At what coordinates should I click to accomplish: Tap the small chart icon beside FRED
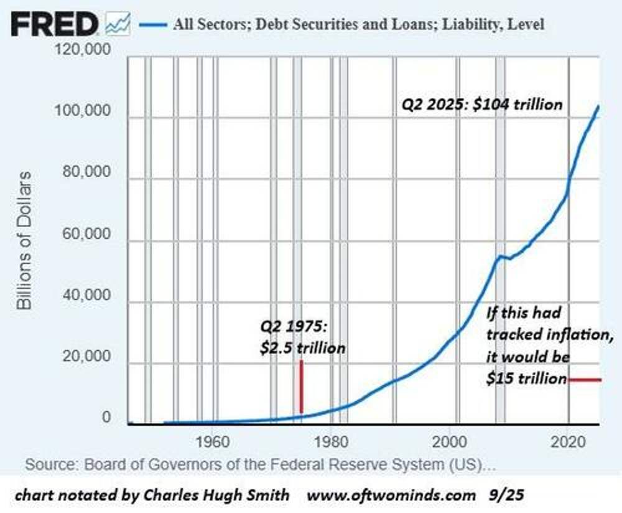(x=118, y=24)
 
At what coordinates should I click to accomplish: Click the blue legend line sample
(x=153, y=25)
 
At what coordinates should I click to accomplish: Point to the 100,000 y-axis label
(x=83, y=112)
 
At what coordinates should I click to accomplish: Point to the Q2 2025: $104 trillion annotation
(x=481, y=104)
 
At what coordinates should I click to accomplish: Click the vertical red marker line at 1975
(x=301, y=386)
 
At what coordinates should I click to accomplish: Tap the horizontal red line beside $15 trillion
(x=584, y=379)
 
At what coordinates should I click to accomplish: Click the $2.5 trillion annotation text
(x=303, y=347)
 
